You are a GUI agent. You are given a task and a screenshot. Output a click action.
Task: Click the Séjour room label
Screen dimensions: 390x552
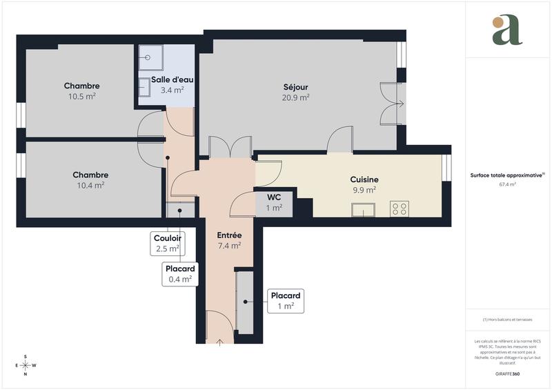[295, 87]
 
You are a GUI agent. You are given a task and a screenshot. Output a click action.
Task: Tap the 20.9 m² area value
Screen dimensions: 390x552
[295, 98]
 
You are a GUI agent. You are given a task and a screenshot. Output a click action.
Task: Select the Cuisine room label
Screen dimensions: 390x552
[364, 179]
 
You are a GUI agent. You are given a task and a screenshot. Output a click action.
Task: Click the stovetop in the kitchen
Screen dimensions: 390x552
[400, 208]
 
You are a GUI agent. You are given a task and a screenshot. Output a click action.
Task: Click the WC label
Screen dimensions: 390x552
[275, 197]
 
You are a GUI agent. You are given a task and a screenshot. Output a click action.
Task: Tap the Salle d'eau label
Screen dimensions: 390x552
[167, 80]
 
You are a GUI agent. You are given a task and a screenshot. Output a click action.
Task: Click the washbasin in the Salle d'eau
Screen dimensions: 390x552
[146, 87]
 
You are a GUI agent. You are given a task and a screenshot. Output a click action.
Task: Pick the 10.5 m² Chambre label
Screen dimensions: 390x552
[81, 86]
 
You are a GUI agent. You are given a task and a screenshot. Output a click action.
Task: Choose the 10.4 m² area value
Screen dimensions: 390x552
[90, 185]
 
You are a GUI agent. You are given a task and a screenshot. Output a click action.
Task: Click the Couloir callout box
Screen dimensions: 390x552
[167, 242]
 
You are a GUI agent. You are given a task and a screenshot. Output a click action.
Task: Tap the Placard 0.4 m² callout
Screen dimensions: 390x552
[179, 274]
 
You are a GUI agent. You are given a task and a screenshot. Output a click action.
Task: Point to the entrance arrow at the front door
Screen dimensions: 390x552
[220, 340]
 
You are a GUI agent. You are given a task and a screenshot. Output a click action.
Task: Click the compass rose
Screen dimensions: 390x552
[26, 365]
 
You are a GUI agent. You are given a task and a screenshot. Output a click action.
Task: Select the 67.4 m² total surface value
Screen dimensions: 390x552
[507, 185]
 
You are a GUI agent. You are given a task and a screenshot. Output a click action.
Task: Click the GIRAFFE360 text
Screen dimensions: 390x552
[507, 373]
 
